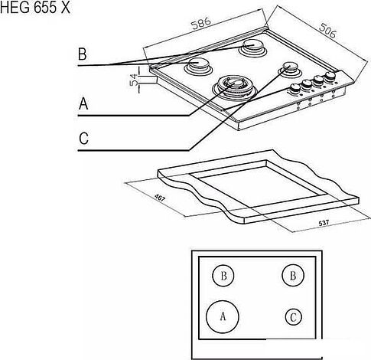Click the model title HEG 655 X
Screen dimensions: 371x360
click(35, 8)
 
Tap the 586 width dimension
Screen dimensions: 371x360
click(201, 23)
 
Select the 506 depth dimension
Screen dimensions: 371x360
click(327, 31)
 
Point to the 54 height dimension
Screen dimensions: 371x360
click(134, 80)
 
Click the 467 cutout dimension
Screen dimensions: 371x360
click(160, 198)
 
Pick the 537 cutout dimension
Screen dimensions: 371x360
click(324, 223)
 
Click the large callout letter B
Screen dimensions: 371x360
click(82, 54)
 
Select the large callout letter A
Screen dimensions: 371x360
click(83, 103)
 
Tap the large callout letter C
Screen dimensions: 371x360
click(83, 139)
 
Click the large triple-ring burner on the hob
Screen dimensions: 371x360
click(233, 89)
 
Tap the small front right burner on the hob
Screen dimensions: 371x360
click(290, 68)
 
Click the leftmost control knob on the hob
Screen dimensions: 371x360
click(295, 88)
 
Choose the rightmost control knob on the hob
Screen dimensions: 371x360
click(330, 76)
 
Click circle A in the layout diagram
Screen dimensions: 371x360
click(223, 316)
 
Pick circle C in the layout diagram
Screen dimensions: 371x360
click(294, 317)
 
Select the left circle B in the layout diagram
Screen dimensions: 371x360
click(223, 276)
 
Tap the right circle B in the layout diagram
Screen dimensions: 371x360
click(293, 275)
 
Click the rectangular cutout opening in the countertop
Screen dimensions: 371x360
click(258, 188)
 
